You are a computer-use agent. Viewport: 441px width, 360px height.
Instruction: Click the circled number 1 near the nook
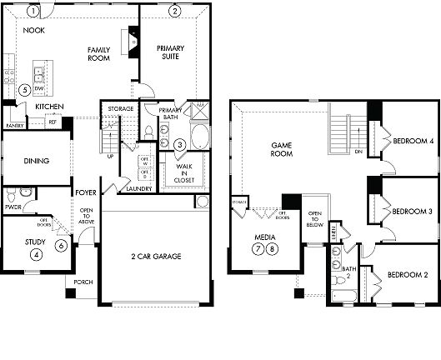pos(32,12)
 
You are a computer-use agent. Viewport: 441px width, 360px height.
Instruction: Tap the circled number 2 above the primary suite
pos(175,11)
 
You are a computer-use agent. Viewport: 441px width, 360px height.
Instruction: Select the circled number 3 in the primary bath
pos(180,144)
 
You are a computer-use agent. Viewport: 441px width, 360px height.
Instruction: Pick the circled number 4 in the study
pos(35,253)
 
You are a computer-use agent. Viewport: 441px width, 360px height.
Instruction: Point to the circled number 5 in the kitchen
pos(26,89)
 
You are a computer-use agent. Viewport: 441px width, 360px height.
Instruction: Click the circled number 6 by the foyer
pos(61,245)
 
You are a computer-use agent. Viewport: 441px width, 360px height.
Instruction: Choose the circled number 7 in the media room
pos(259,249)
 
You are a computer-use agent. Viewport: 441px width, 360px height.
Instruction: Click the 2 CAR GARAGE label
pos(157,256)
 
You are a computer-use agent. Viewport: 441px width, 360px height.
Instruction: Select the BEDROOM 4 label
pos(413,141)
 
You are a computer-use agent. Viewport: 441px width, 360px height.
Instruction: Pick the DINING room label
pos(35,161)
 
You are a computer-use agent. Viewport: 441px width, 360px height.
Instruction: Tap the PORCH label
pos(82,282)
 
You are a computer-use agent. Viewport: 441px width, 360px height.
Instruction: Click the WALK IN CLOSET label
pos(184,172)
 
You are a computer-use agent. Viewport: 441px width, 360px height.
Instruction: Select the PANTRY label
pos(14,125)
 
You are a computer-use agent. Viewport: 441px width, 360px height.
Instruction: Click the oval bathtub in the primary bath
pos(201,135)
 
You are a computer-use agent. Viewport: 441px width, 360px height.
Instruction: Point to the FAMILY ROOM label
pos(99,54)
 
